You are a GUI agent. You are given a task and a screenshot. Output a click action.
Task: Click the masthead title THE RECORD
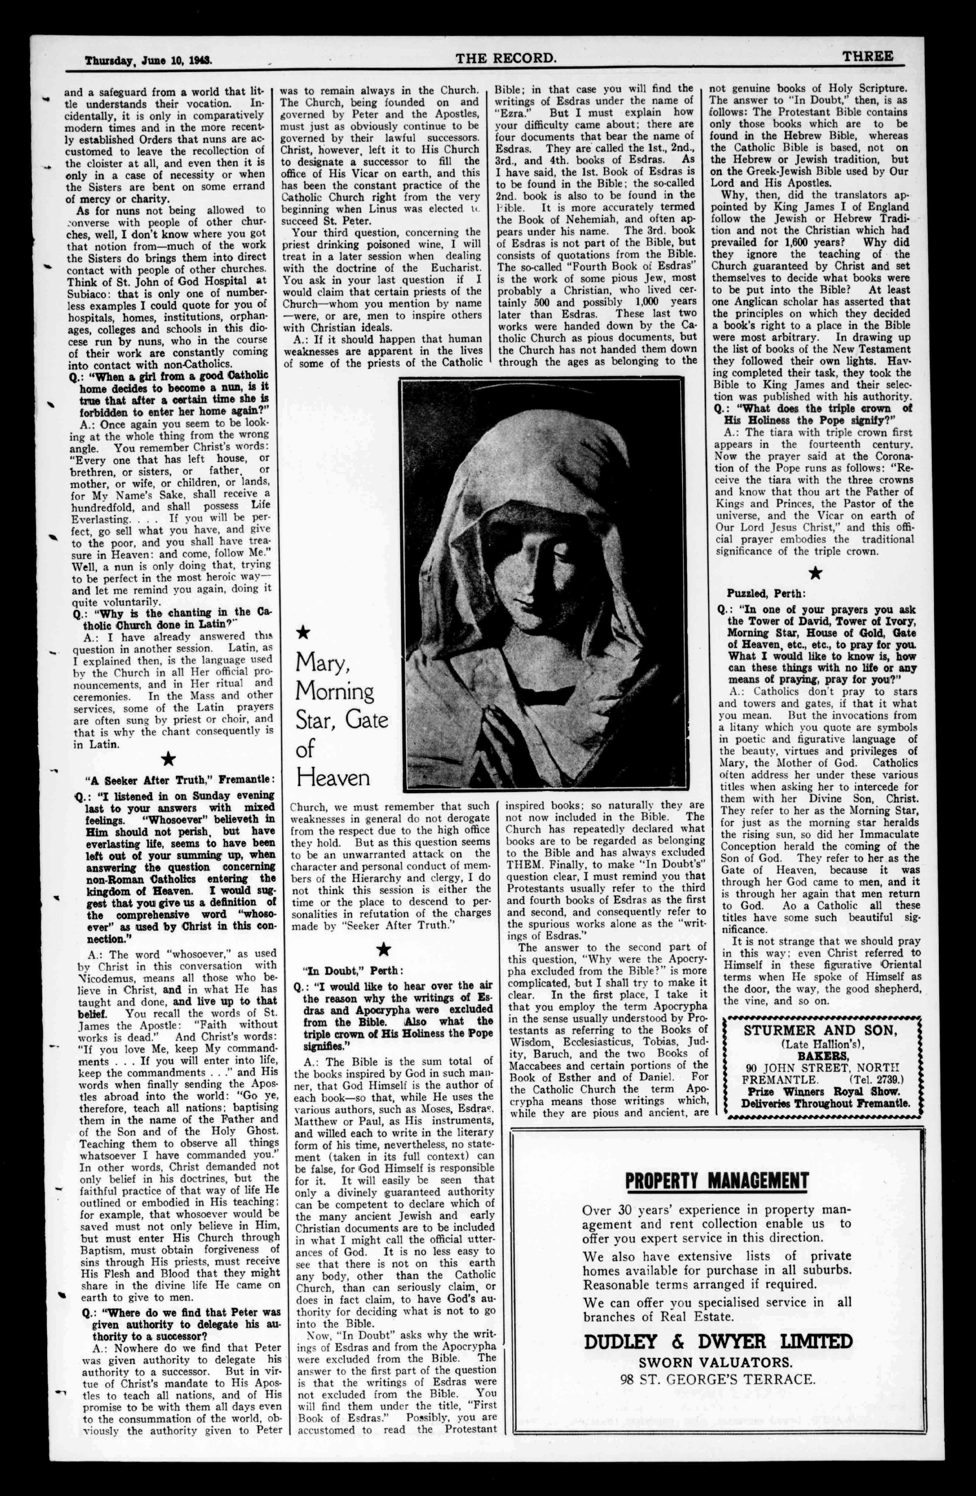coord(506,58)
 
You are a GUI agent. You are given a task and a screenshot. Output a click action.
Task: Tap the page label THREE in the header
coord(868,57)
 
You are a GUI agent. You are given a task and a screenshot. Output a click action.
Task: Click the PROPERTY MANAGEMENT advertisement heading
coord(716,1181)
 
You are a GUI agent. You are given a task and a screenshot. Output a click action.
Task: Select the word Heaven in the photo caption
coord(333,778)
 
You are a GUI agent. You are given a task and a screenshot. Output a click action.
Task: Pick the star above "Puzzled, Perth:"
coord(815,573)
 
